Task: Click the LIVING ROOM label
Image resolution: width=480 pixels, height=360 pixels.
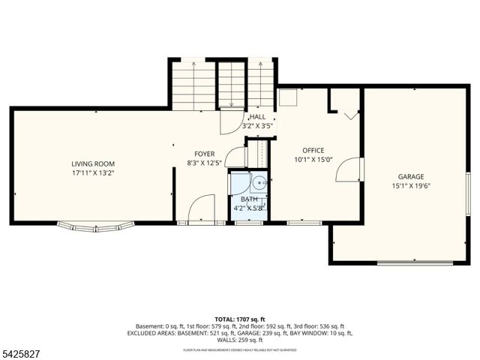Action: click(93, 163)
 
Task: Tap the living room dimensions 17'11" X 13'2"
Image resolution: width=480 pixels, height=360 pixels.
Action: click(93, 173)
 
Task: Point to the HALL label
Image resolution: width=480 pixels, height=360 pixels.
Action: click(257, 117)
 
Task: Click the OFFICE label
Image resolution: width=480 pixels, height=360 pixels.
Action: click(313, 150)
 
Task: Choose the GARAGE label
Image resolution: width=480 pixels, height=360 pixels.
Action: click(411, 176)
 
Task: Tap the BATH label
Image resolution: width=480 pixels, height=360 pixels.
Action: click(248, 199)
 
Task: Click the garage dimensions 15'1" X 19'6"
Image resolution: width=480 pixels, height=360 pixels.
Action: click(411, 186)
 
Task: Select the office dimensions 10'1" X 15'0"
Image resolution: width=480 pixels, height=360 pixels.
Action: click(313, 160)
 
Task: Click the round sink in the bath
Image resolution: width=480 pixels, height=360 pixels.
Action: click(257, 181)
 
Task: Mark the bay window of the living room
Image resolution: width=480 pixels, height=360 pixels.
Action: click(96, 226)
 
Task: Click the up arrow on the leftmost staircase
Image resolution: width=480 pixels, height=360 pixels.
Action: click(193, 66)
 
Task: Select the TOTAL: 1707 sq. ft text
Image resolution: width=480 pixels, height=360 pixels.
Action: click(239, 319)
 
